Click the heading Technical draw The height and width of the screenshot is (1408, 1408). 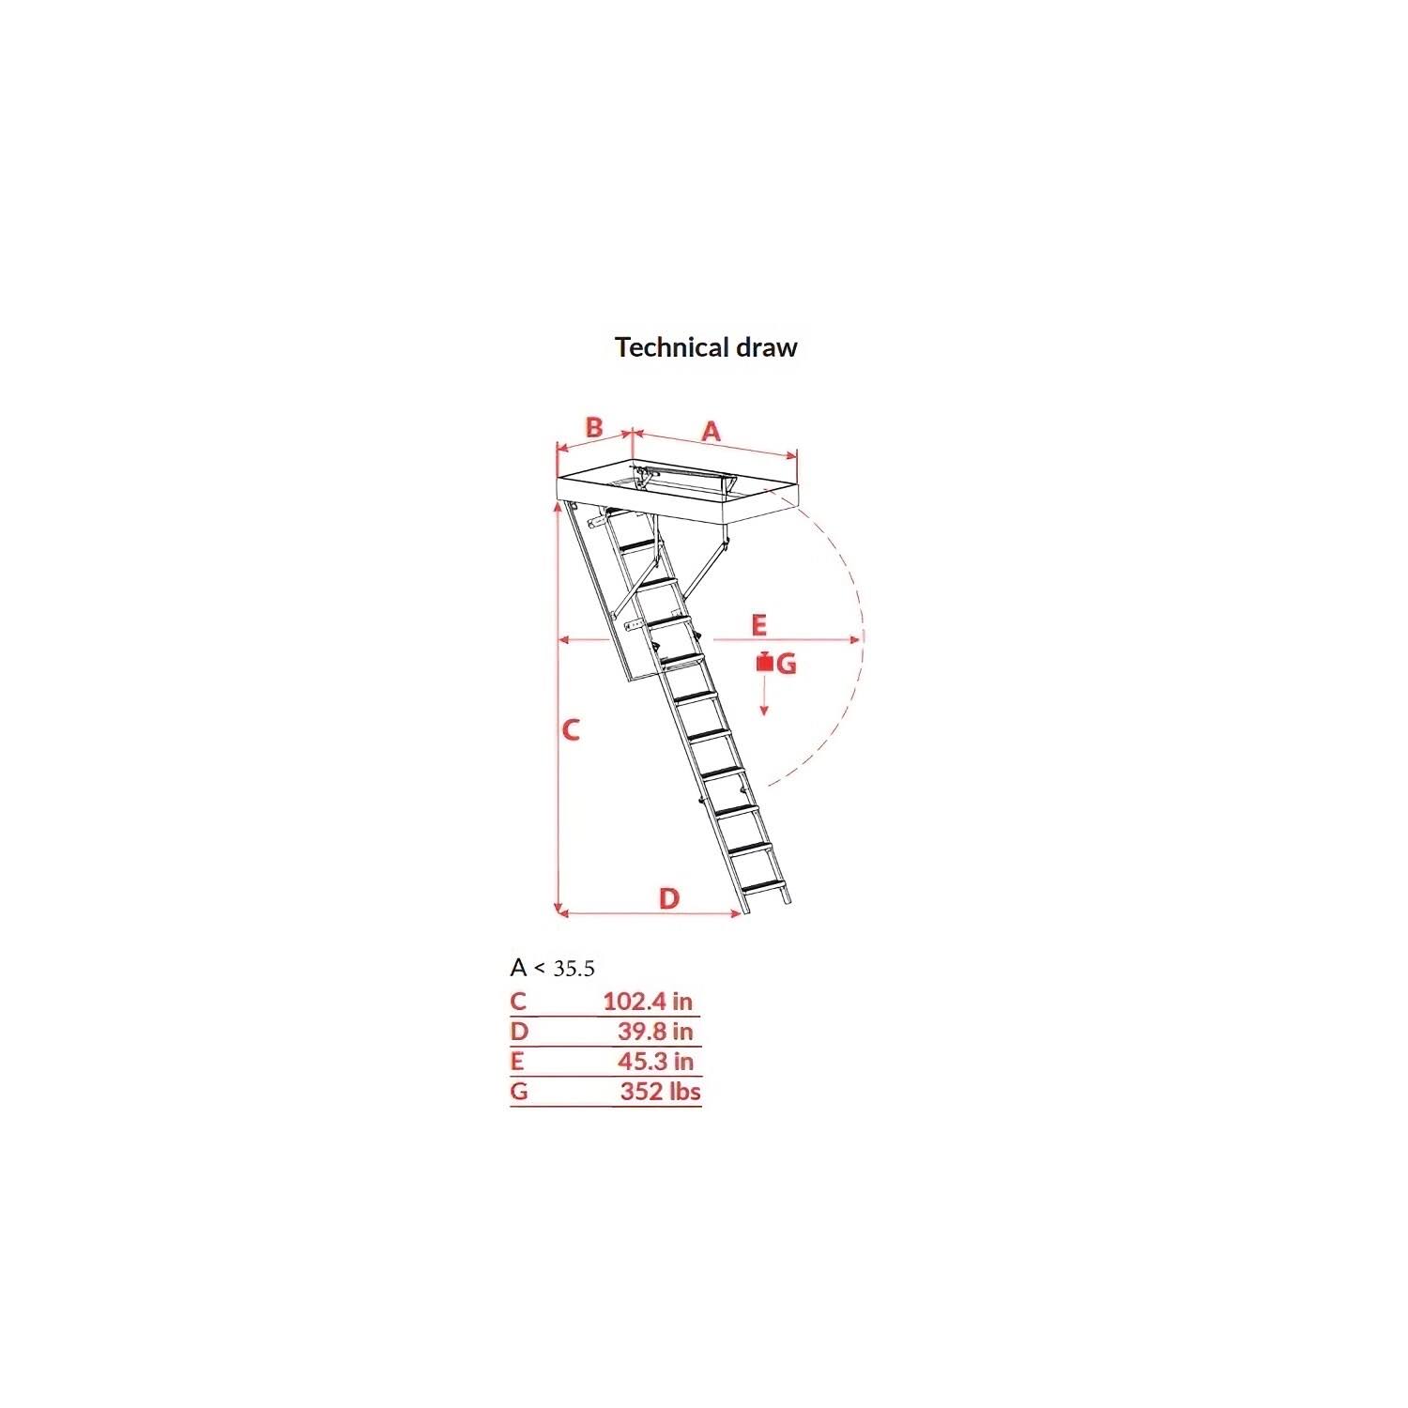(706, 347)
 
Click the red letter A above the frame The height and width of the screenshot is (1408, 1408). (712, 432)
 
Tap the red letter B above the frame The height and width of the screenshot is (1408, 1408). (594, 427)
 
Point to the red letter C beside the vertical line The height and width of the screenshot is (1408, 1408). (571, 729)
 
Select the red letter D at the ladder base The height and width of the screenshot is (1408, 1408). (668, 898)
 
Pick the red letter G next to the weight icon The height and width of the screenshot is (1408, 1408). (787, 665)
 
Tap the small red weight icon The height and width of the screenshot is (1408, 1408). (765, 662)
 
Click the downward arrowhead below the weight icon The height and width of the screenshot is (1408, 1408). (764, 711)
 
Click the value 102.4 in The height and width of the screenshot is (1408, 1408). (648, 1002)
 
